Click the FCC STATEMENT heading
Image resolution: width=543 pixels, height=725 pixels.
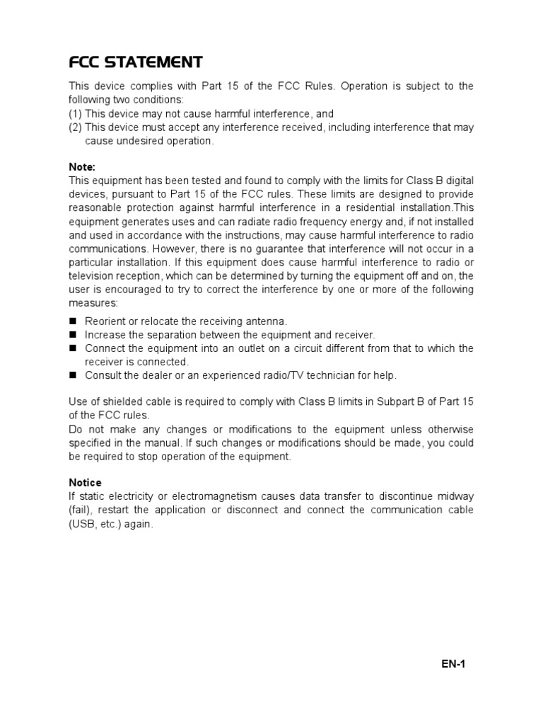pos(136,62)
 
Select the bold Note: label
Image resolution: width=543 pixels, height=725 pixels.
pos(81,167)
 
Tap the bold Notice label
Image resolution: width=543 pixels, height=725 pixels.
pos(85,483)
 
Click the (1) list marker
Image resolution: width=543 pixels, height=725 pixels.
pos(75,113)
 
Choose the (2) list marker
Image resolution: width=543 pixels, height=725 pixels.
pos(75,127)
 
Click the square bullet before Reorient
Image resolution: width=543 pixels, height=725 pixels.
pos(73,321)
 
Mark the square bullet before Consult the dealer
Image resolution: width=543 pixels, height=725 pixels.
pos(73,375)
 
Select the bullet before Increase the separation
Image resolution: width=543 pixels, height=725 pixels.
pos(73,334)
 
